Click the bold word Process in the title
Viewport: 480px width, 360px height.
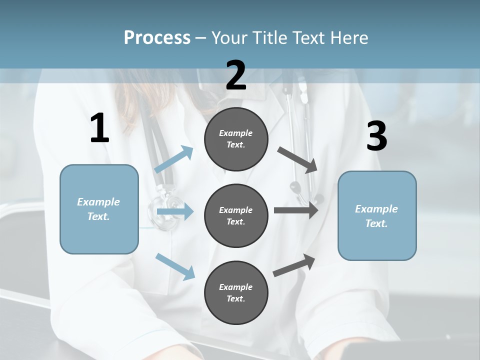tap(157, 37)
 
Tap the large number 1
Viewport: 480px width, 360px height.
tap(99, 128)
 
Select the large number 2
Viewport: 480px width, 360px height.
tap(236, 75)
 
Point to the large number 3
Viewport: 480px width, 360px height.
tap(376, 136)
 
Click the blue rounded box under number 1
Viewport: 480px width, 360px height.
tap(99, 209)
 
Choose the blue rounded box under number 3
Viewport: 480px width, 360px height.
tap(377, 215)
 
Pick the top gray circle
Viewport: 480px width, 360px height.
tap(236, 139)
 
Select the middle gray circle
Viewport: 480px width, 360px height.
tap(236, 215)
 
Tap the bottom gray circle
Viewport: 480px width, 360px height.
tap(236, 292)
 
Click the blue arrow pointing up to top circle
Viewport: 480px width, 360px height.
tap(174, 159)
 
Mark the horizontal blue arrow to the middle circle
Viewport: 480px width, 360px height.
tap(174, 211)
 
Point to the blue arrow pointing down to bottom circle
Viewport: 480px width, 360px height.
tap(175, 266)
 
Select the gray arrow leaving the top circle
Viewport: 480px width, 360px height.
tap(297, 159)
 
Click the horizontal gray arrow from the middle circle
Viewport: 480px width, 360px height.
tap(295, 210)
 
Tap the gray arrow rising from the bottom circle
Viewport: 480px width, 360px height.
tap(294, 265)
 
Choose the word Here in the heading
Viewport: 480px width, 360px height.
tap(350, 37)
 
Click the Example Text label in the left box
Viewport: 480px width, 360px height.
tap(98, 209)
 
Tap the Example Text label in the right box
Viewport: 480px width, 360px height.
tap(376, 216)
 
